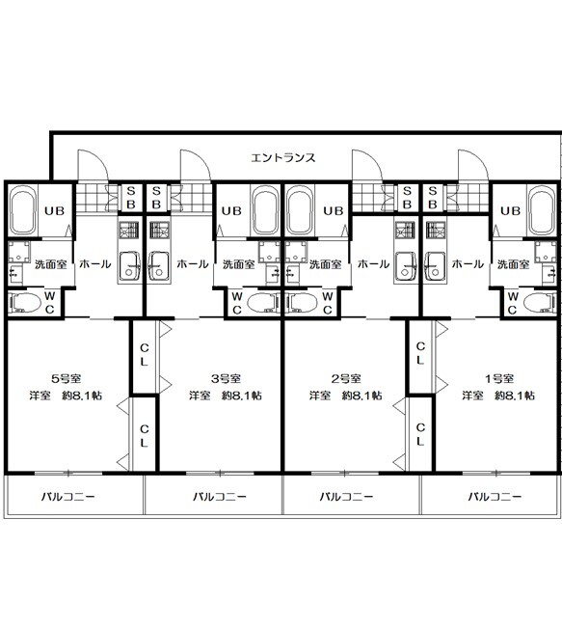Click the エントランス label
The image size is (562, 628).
coord(283,158)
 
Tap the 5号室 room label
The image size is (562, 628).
coord(67,378)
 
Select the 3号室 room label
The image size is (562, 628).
coord(226,378)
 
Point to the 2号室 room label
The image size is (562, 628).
coord(346,378)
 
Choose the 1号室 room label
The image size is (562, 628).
coord(499,378)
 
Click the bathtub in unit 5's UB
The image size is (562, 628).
coord(23,211)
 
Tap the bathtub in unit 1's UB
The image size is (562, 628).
coord(542,211)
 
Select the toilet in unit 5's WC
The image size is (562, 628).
coord(25,303)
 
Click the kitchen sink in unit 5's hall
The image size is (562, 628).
coord(129,268)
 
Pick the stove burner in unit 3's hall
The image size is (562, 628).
coord(160,230)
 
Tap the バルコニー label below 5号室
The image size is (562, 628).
coord(68,497)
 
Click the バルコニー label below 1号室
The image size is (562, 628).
coord(495,497)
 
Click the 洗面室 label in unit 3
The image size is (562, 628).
coord(238,264)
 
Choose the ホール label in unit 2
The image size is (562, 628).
coord(373,264)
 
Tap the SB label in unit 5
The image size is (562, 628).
coord(131,198)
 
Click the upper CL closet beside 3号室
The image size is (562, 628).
coord(144,354)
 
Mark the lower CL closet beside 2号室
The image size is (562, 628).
coord(420,434)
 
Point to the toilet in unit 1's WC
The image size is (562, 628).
coord(540,303)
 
